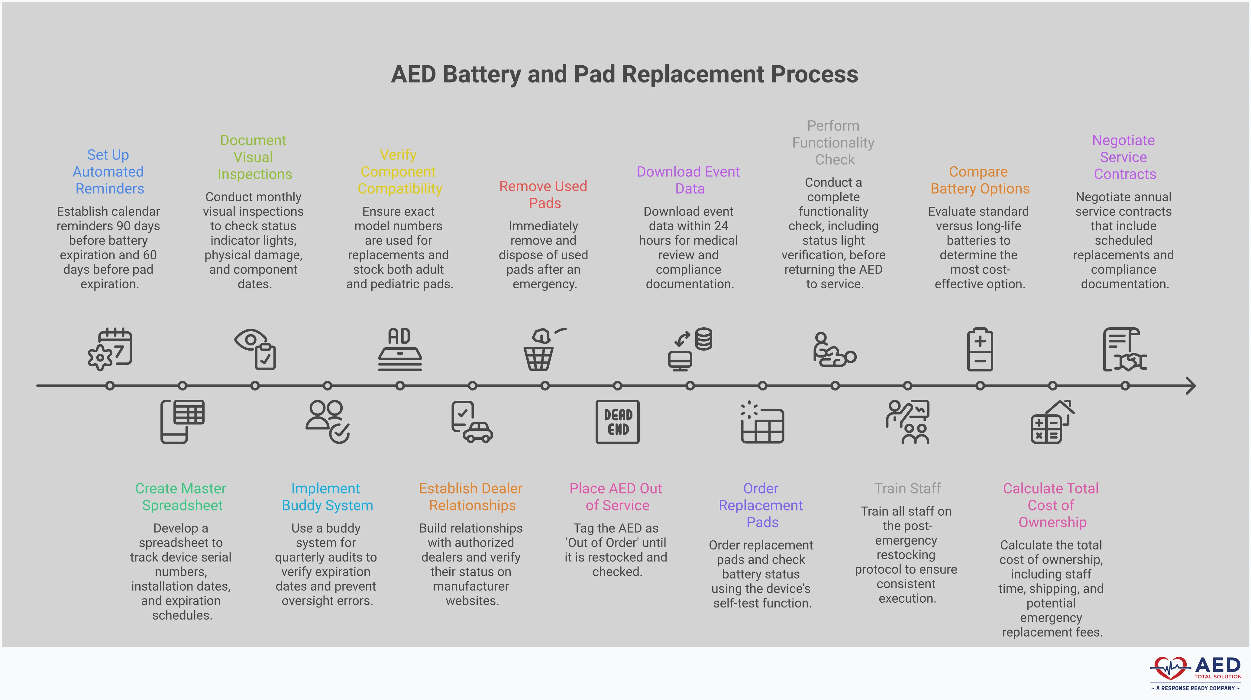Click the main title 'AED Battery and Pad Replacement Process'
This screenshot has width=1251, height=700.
(x=625, y=74)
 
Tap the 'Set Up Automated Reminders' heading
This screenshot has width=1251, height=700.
(x=108, y=171)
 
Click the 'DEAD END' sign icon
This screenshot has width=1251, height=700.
(x=617, y=422)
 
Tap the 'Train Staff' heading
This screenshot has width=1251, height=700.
(x=907, y=488)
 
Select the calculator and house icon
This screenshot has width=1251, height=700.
(x=1052, y=422)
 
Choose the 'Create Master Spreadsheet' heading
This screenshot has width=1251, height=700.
(x=181, y=497)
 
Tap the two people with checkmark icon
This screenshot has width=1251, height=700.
(x=327, y=422)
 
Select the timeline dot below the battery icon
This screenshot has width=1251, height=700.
(x=980, y=386)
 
